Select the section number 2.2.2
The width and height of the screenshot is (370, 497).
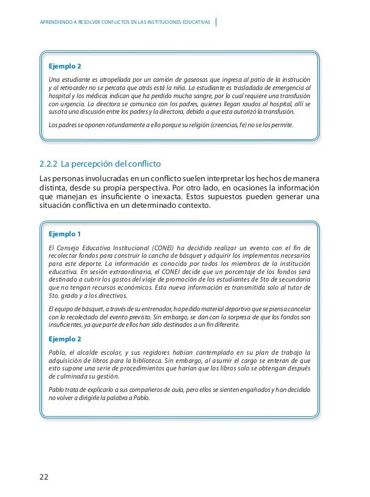(48, 163)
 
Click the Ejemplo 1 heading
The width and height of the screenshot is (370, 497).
(65, 235)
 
